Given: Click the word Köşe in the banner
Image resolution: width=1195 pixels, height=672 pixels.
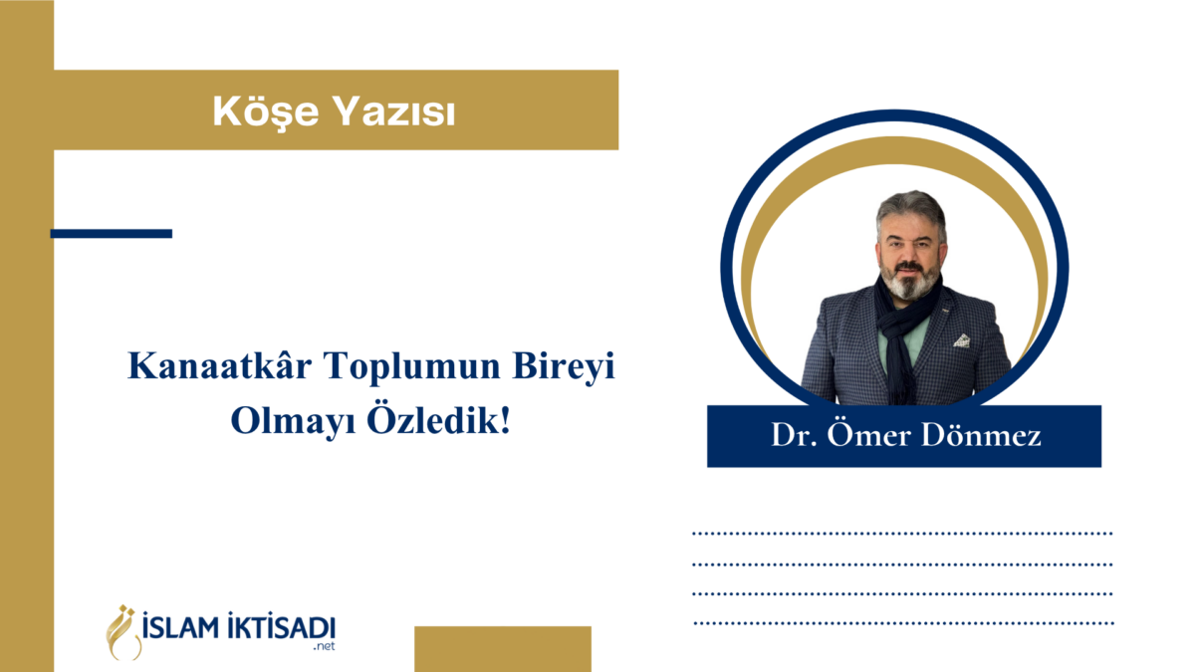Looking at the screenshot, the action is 265,112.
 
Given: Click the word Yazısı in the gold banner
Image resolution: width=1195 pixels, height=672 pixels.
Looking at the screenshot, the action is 394,112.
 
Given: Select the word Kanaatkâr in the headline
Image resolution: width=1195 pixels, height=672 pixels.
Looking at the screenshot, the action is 219,366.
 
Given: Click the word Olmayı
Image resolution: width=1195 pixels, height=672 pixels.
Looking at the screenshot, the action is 293,422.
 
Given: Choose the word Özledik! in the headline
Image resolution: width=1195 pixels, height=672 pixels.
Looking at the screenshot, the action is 438,420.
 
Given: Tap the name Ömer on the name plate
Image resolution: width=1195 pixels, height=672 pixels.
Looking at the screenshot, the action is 869,433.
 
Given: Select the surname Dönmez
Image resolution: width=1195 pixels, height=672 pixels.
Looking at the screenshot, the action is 981,433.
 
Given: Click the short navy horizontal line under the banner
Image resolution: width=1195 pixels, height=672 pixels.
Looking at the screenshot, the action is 111,234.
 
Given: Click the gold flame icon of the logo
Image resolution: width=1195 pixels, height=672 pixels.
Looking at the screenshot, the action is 123,632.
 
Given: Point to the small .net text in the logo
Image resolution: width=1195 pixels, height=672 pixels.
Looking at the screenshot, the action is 325,646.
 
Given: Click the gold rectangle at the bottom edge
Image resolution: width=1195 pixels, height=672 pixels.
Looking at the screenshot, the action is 503,649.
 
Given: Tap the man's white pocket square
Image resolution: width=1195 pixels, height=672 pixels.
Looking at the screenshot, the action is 962,340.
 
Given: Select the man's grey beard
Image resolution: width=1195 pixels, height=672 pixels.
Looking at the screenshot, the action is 909,280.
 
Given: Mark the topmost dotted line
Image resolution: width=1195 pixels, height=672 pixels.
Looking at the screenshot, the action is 902,534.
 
